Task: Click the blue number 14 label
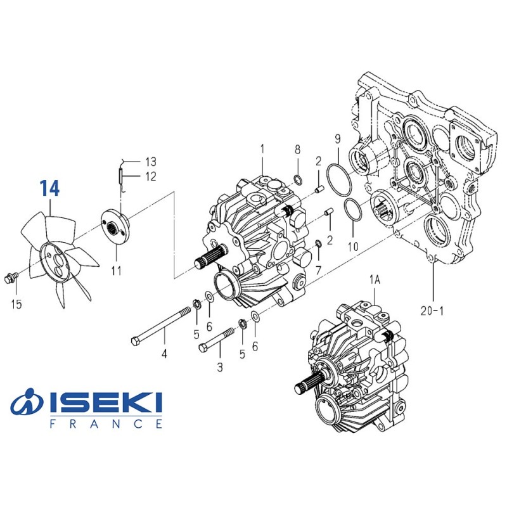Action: tap(50, 188)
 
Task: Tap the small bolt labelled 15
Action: tap(10, 277)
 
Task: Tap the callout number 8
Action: tap(297, 150)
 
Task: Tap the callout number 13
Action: tap(151, 162)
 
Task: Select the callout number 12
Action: tap(151, 177)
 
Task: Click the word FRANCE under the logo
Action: tap(105, 423)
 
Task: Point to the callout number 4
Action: tap(164, 354)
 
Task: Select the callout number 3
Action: tap(220, 367)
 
